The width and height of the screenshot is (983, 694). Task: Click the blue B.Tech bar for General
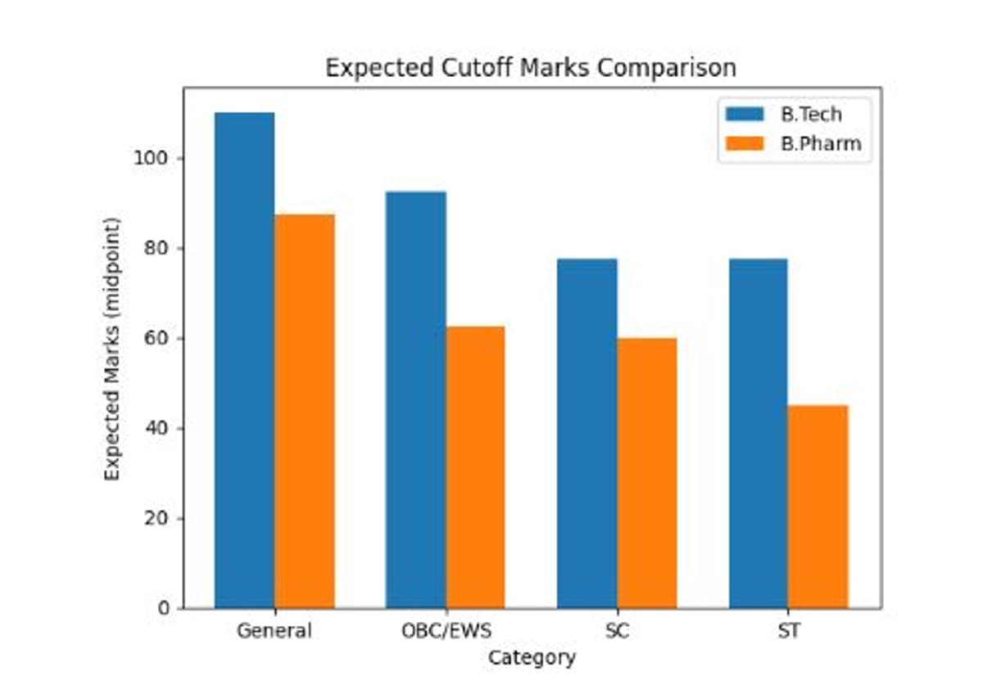244,360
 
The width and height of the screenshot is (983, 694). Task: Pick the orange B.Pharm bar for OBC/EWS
475,467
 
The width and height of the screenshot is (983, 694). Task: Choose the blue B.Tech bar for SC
587,434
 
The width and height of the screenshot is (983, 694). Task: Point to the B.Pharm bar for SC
646,473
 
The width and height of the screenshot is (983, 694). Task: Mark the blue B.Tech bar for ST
758,434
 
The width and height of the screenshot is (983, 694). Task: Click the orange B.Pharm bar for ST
818,507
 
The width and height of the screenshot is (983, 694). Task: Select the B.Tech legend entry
810,114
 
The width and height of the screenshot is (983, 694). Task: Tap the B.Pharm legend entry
820,143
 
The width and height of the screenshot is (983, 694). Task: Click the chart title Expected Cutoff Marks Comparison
531,67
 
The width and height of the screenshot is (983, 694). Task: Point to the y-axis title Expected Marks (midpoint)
112,349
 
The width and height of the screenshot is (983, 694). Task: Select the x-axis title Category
532,657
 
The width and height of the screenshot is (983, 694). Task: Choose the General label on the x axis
274,631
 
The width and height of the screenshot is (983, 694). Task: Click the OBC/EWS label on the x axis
446,631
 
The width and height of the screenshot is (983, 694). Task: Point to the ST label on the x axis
788,631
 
